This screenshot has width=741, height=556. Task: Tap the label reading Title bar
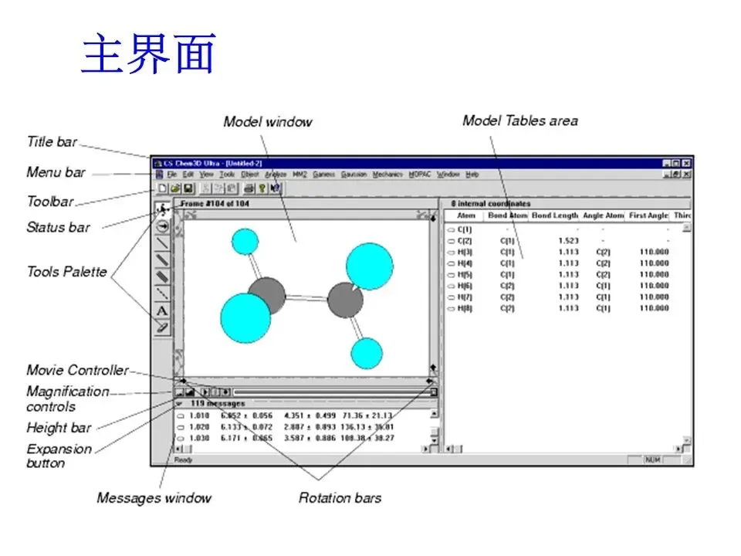click(52, 142)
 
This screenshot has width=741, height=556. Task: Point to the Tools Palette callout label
click(66, 272)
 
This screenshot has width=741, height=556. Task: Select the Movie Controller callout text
click(77, 371)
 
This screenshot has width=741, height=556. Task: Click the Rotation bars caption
click(340, 498)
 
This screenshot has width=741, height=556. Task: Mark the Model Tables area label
click(519, 120)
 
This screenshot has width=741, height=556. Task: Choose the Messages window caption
click(154, 498)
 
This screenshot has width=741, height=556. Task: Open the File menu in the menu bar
click(172, 175)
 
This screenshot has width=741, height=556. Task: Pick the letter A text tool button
click(162, 310)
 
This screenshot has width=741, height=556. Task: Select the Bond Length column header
click(554, 216)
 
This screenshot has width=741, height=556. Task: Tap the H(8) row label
click(465, 308)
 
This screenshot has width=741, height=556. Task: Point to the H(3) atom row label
click(465, 252)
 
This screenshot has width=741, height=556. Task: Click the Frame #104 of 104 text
click(214, 203)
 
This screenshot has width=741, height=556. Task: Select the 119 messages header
click(218, 403)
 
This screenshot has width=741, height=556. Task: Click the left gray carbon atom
click(267, 295)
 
